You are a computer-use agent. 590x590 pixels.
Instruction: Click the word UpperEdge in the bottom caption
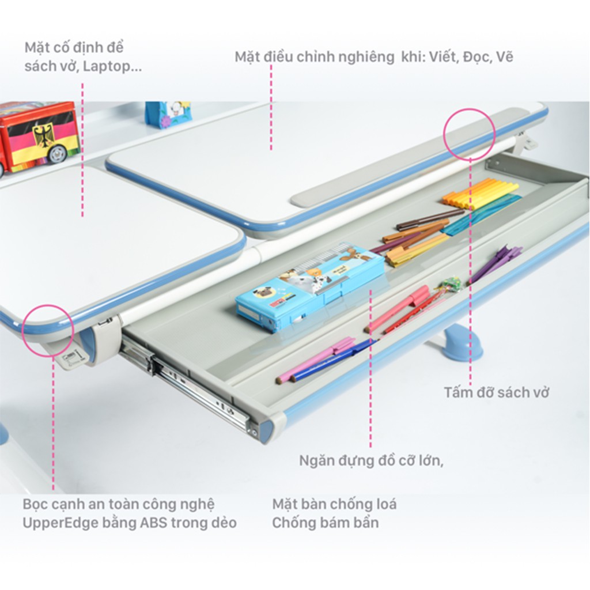coord(52,523)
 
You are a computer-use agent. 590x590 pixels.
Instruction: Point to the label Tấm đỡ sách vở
coord(496,392)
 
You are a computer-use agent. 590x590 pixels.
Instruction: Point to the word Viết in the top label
coord(444,57)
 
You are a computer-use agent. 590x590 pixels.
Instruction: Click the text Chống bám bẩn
coord(326,523)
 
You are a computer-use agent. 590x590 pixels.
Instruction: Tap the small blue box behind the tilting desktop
coord(168,114)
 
